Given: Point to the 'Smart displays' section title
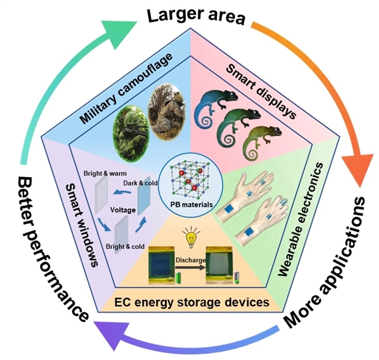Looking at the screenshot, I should (x=261, y=89).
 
